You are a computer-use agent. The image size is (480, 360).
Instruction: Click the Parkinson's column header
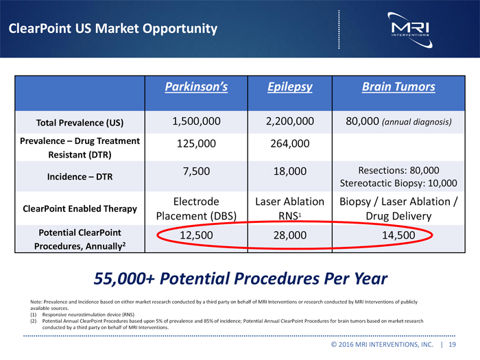point(196,87)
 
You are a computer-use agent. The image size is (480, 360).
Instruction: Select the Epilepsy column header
point(289,87)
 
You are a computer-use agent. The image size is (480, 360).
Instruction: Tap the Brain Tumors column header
point(398,87)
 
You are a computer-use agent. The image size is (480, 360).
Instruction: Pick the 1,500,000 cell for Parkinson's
point(196,122)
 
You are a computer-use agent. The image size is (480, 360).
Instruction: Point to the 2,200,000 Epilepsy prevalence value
point(289,122)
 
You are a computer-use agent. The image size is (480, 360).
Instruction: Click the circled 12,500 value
point(196,236)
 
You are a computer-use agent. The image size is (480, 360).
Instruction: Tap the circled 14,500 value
point(398,236)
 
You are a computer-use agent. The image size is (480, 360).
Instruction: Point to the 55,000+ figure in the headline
point(124,279)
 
